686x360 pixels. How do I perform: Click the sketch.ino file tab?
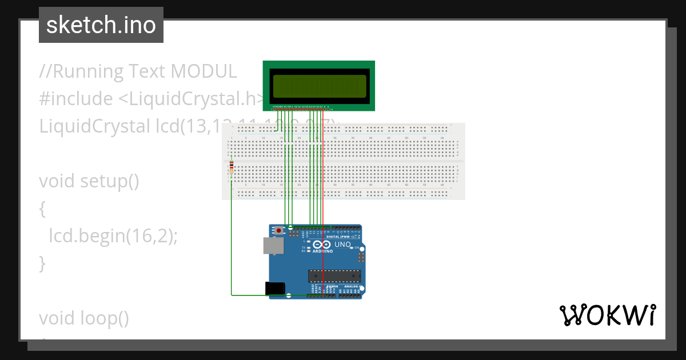(x=101, y=25)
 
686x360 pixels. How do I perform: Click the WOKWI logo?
(x=607, y=315)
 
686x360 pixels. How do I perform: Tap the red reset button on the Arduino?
(x=279, y=231)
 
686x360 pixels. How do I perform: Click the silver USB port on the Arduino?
(x=272, y=246)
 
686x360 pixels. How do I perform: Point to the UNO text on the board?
(x=342, y=245)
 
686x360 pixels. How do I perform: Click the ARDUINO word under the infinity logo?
(x=322, y=251)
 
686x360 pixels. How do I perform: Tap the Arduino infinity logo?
(x=322, y=245)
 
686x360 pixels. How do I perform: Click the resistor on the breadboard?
(x=231, y=167)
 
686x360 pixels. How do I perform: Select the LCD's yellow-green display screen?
(x=318, y=86)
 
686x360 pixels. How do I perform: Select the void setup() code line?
(x=89, y=181)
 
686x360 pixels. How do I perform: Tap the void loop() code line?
(x=84, y=318)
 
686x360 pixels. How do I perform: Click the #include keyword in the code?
(x=76, y=99)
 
